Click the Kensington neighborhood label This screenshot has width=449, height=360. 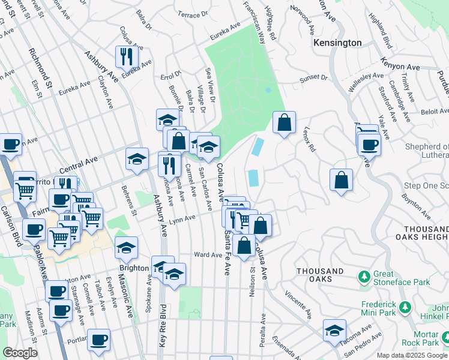338,43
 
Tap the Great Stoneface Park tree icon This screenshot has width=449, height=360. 363,277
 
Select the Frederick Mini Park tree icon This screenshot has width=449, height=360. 406,307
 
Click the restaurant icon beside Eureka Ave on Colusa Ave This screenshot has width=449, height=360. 127,57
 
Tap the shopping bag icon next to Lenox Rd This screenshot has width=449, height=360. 284,122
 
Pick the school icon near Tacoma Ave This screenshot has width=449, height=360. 334,330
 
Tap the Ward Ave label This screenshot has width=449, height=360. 208,255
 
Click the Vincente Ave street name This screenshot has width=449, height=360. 298,305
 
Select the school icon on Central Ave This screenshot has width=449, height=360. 137,159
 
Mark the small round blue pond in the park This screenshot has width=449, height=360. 268,90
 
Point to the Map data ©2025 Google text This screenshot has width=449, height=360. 411,355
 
